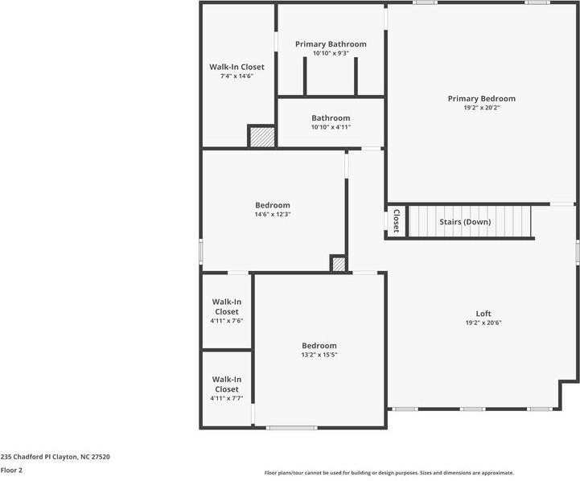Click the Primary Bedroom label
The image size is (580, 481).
[481, 99]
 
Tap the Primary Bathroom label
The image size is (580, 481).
[331, 44]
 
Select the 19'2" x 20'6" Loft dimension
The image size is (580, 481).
[483, 323]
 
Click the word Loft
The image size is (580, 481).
[483, 314]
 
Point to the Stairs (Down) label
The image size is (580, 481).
[464, 222]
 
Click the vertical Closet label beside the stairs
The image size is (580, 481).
[396, 220]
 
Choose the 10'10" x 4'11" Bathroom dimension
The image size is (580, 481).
[331, 128]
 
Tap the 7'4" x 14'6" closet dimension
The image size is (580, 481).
[237, 76]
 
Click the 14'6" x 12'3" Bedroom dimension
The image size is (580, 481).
[273, 215]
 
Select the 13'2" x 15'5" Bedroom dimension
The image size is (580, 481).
[319, 355]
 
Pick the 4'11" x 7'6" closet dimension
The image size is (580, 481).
[226, 321]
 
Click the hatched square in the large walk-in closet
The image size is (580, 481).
[261, 137]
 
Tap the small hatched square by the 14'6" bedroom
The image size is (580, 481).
[339, 264]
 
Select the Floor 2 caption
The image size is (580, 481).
[11, 471]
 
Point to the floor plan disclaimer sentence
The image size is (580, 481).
[389, 473]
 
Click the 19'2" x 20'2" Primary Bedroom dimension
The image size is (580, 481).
[481, 109]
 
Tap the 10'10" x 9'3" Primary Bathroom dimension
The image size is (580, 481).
[331, 54]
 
